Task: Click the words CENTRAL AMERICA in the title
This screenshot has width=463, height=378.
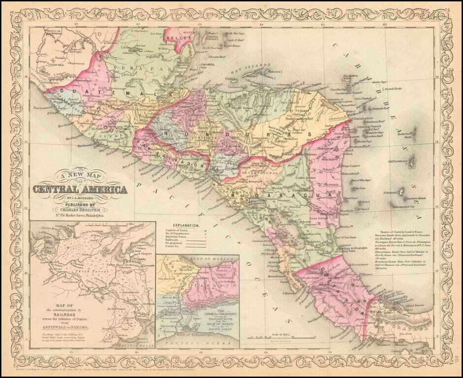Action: (x=80, y=189)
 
